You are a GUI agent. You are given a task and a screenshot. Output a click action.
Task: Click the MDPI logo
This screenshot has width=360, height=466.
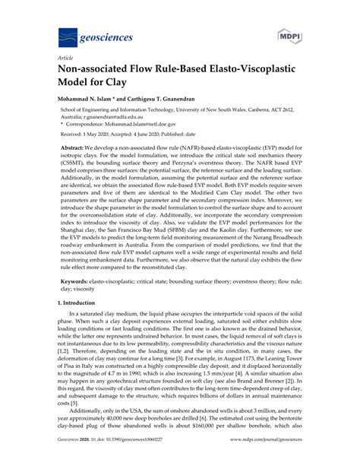[x=286, y=36]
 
